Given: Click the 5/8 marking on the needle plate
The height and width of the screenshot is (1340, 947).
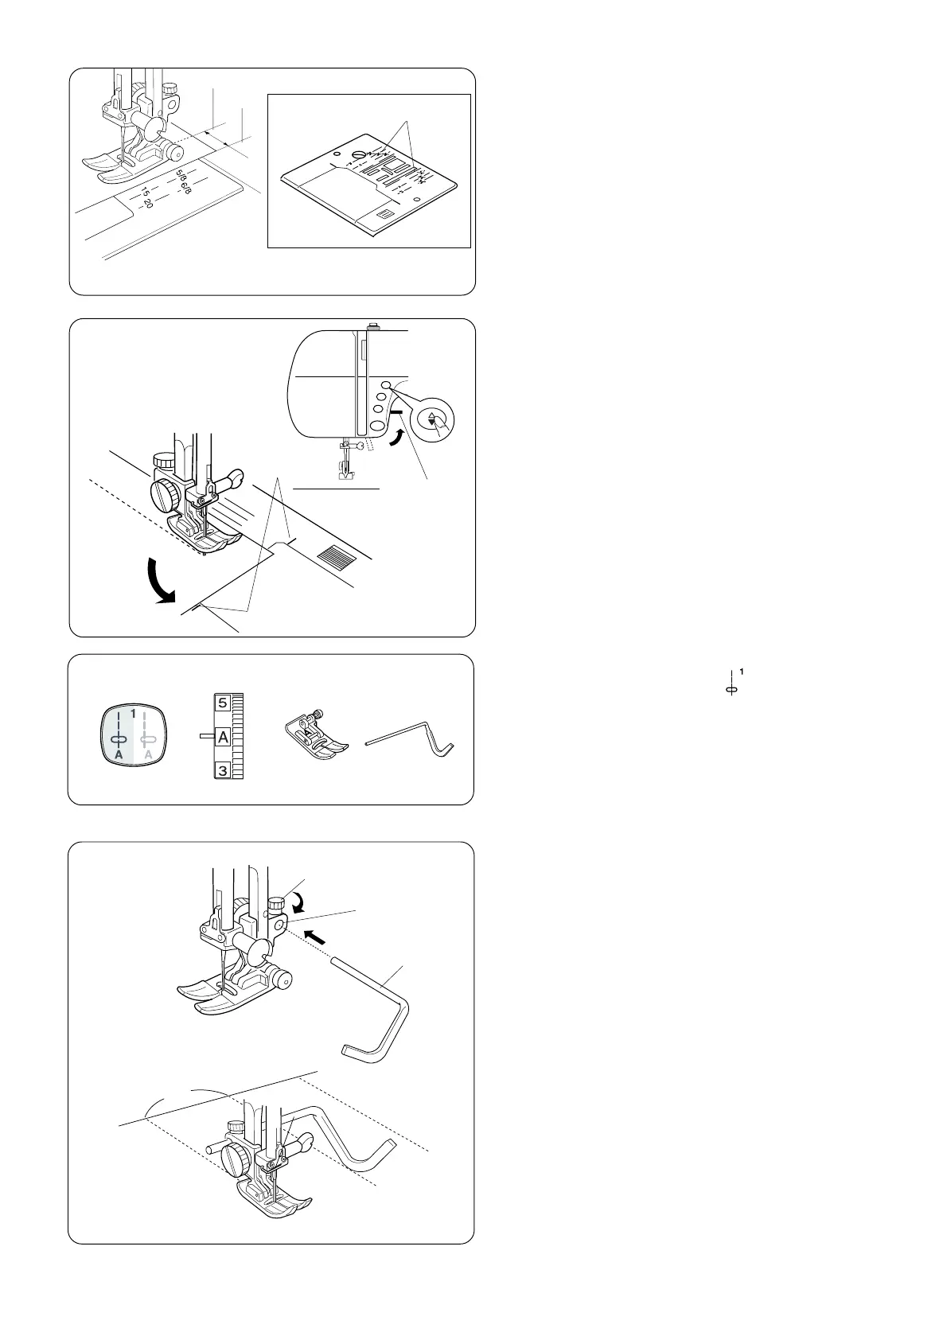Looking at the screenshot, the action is coord(181,177).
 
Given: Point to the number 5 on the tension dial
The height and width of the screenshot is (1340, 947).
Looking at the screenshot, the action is coord(223,702).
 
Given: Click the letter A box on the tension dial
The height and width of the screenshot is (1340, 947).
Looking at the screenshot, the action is coord(223,737).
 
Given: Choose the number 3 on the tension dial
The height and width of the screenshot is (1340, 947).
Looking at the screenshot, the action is coord(223,770).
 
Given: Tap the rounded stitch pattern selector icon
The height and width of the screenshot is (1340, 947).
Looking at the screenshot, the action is coord(134,734).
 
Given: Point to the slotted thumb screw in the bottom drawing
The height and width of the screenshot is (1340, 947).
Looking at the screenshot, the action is coord(234,1154).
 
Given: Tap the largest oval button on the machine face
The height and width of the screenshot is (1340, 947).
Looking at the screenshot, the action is coord(377,426).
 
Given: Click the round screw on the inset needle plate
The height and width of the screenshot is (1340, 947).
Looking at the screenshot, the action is coord(359,155).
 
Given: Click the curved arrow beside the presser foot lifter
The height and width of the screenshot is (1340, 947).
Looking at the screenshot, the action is coord(396,438).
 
